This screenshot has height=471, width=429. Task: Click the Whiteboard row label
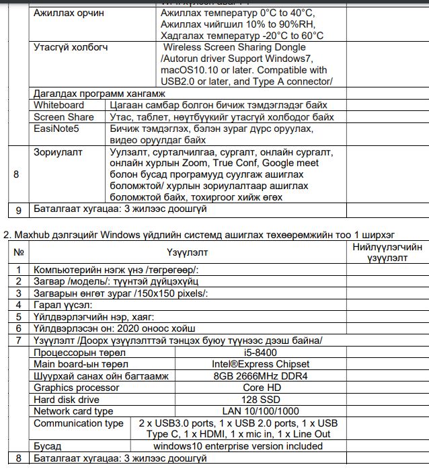click(x=59, y=105)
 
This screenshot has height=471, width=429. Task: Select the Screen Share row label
click(x=64, y=117)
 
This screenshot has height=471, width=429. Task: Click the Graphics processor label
click(x=77, y=388)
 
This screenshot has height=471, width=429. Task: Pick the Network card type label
click(x=73, y=410)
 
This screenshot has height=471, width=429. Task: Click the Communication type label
click(x=79, y=423)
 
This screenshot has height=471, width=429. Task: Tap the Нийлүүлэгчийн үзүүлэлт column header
click(x=387, y=252)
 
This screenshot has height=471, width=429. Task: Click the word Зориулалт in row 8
click(x=58, y=152)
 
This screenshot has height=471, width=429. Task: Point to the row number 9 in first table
click(x=19, y=209)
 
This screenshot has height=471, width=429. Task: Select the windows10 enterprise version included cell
click(x=237, y=446)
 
